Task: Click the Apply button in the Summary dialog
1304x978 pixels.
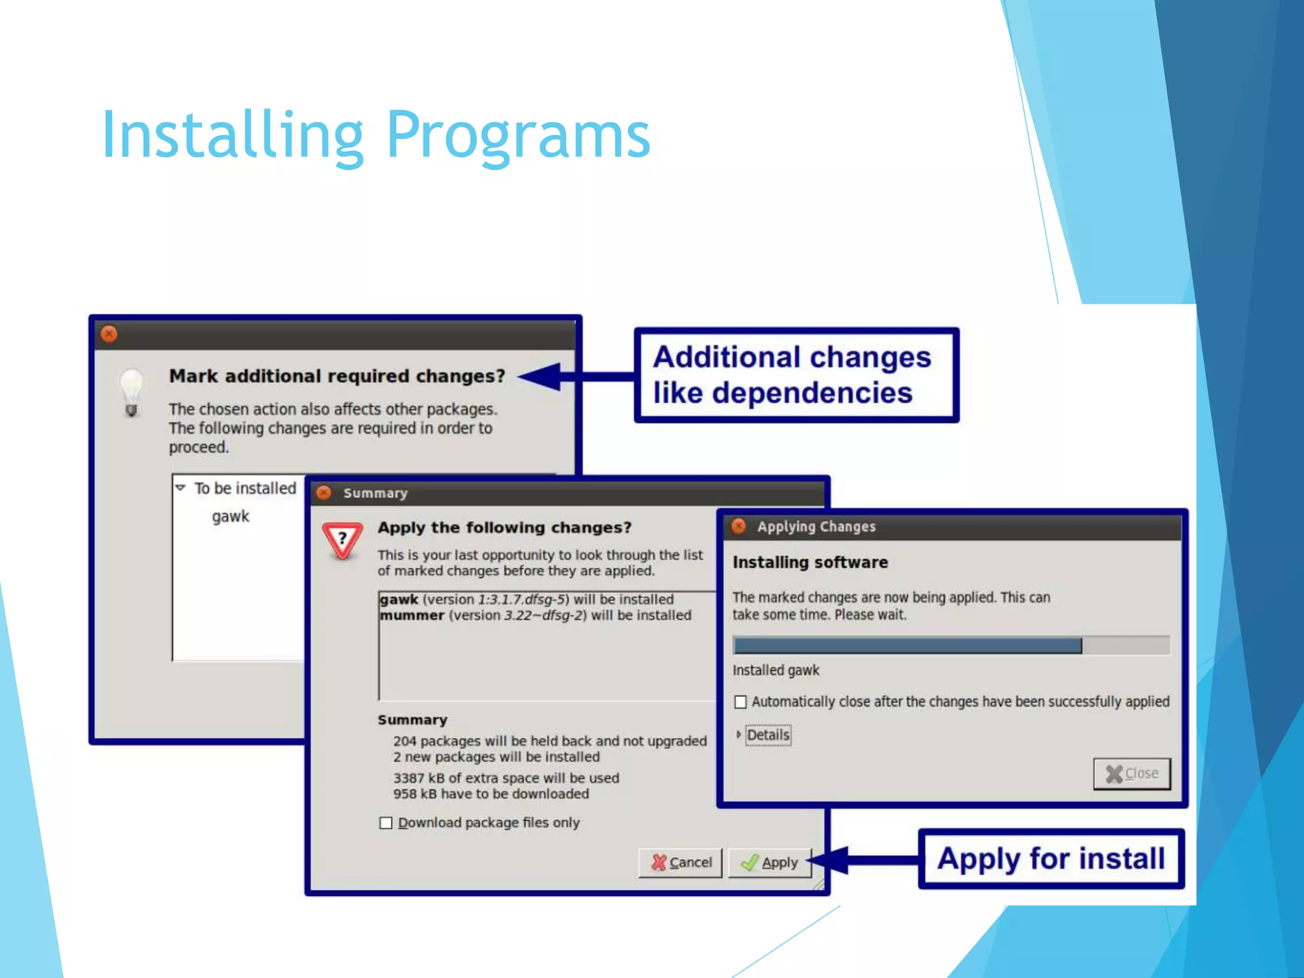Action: [x=770, y=863]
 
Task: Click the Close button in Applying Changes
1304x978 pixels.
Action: [x=1132, y=774]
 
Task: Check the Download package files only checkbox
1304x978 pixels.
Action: [x=386, y=823]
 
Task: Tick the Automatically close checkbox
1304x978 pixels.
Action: [x=741, y=702]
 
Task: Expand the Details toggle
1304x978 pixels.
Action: [x=739, y=735]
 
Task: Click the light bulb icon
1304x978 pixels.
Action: [x=131, y=391]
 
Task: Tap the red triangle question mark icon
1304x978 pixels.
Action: [x=343, y=540]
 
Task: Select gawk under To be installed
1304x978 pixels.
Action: [x=230, y=516]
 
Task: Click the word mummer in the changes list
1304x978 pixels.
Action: [x=413, y=616]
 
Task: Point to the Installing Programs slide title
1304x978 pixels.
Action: [x=376, y=135]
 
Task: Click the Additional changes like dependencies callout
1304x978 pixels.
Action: [x=797, y=375]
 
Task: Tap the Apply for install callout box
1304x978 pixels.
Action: [x=1051, y=859]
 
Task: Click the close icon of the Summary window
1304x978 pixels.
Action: [x=324, y=493]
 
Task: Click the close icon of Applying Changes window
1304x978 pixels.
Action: [x=739, y=527]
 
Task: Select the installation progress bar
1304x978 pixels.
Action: [x=951, y=646]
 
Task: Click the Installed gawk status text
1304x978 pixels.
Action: [x=776, y=670]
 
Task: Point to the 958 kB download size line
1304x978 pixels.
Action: [x=491, y=794]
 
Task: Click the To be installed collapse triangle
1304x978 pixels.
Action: [x=181, y=488]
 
